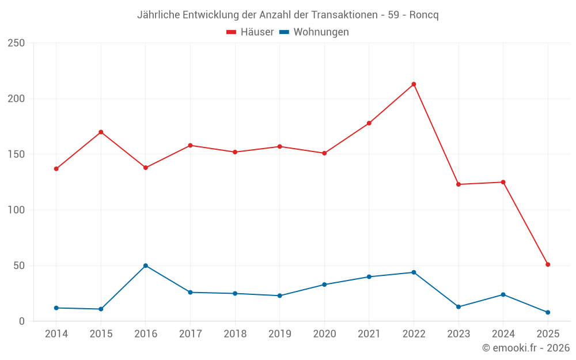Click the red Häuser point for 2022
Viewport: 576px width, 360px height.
coord(414,84)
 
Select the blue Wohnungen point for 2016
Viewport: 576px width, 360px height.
coord(146,266)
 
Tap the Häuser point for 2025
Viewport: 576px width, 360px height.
coord(548,264)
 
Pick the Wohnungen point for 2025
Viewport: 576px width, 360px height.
coord(548,312)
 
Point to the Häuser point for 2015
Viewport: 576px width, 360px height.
coord(101,132)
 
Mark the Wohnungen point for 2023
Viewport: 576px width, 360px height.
coord(458,306)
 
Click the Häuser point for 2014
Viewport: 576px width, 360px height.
coord(56,169)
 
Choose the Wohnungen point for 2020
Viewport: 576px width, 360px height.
coord(324,285)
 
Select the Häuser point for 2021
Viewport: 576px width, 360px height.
coord(369,123)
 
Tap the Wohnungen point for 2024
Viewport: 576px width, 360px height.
coord(503,294)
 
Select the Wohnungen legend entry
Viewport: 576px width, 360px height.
coord(314,32)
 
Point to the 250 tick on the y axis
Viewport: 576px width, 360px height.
coord(16,43)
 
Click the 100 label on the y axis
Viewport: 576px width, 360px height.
coord(16,210)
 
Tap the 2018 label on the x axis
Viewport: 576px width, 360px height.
coord(235,334)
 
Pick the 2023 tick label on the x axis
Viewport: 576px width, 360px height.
coord(458,334)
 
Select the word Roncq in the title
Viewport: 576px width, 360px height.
coord(424,15)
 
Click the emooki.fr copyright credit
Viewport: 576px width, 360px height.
coord(525,348)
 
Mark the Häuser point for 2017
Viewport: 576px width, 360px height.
coord(190,145)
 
